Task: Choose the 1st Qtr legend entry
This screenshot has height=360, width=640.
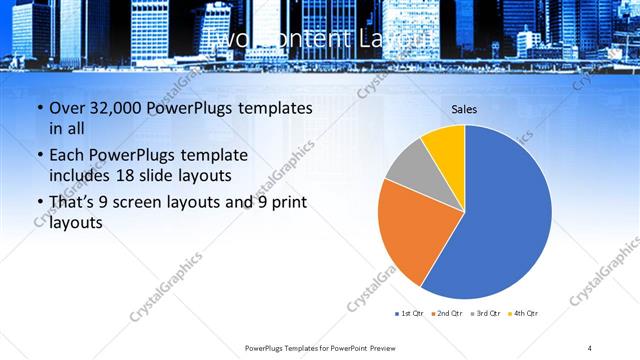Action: [x=411, y=314]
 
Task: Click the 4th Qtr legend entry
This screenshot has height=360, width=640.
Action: [x=524, y=314]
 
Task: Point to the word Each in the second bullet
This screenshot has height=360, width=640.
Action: [x=67, y=155]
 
